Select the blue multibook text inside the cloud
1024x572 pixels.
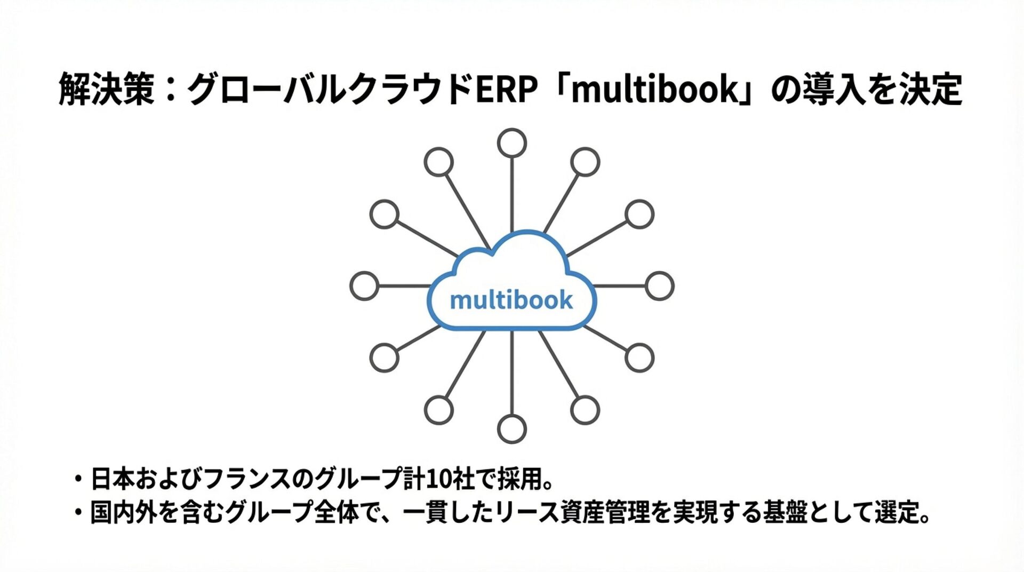point(511,300)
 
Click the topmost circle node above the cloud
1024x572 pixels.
point(512,143)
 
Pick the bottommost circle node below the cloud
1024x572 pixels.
point(512,429)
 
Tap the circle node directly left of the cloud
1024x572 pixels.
point(364,286)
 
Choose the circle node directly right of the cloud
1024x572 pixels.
point(660,286)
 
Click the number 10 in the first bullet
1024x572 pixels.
point(437,479)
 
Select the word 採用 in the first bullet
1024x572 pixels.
point(519,479)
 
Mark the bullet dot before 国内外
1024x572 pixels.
point(79,513)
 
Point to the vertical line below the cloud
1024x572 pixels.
point(512,374)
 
